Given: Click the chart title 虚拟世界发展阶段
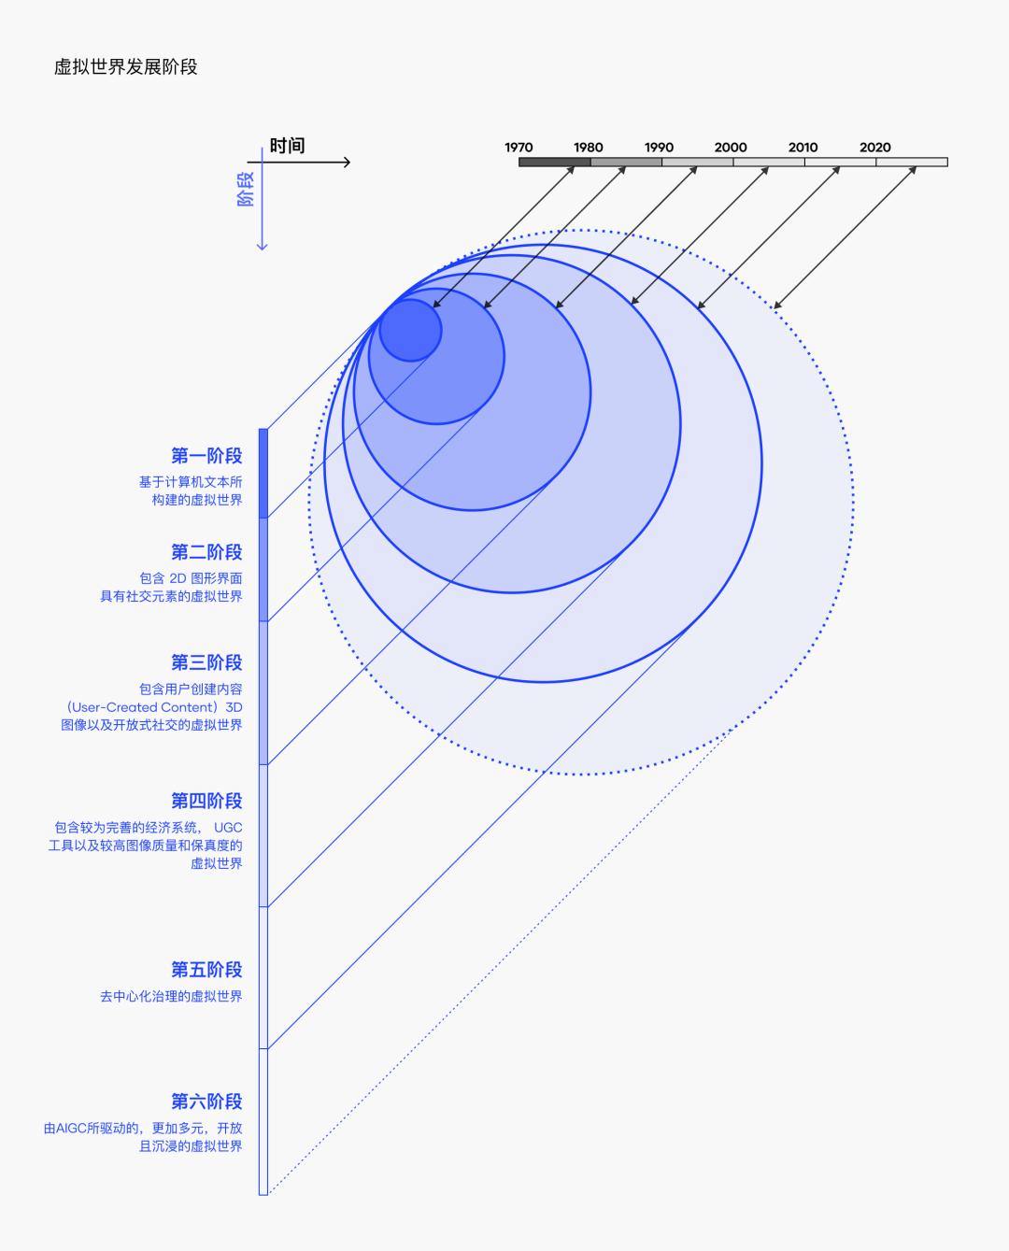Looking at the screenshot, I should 125,67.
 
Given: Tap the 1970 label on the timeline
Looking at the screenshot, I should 519,148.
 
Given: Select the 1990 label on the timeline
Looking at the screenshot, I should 659,148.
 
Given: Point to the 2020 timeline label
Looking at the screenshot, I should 875,148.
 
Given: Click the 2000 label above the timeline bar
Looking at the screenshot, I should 731,148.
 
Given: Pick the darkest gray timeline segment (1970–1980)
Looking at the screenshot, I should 555,162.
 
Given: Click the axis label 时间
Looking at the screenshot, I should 287,146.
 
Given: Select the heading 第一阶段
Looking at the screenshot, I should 206,456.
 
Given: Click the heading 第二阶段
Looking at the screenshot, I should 206,552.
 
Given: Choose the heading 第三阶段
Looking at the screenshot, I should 206,662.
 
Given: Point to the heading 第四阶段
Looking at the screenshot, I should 206,801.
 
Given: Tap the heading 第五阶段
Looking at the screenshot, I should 206,970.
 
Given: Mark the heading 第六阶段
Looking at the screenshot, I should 206,1102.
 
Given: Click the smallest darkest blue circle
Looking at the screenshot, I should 411,330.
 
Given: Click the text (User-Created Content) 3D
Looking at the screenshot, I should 154,707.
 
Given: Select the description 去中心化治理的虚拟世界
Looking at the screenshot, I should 171,997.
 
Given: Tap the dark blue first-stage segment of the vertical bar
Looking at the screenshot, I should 263,473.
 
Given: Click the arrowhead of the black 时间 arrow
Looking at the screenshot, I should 347,163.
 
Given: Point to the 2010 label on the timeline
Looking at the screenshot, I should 803,148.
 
